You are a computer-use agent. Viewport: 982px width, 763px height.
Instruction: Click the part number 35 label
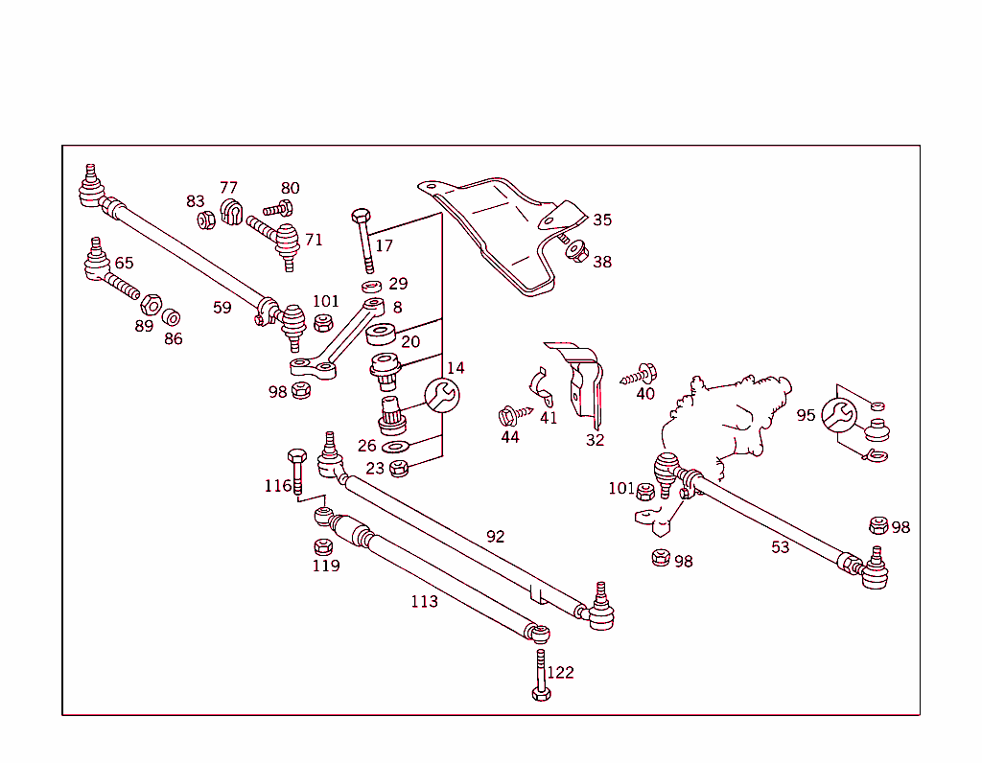point(601,220)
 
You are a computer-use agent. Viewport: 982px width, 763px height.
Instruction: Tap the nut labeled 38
point(576,252)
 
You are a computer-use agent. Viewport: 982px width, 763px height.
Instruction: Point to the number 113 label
point(424,601)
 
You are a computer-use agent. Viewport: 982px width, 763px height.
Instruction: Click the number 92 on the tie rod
point(495,536)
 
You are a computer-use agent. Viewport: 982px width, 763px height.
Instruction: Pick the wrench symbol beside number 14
point(441,394)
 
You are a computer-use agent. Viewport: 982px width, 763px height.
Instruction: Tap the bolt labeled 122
point(541,677)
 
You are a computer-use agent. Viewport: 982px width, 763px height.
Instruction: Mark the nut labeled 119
point(323,546)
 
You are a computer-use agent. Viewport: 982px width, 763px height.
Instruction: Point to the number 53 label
point(781,546)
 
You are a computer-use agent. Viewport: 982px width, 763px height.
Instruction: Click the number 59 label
point(222,308)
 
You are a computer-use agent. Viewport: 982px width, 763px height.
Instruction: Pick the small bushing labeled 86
point(172,316)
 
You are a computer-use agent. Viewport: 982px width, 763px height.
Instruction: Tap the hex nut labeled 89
point(151,306)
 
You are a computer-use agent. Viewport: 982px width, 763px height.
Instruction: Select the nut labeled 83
point(204,220)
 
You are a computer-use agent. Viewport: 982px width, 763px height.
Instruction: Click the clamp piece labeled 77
point(230,211)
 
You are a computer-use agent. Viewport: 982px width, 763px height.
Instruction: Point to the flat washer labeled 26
point(394,448)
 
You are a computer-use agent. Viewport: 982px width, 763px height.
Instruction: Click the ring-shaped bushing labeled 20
point(382,335)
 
